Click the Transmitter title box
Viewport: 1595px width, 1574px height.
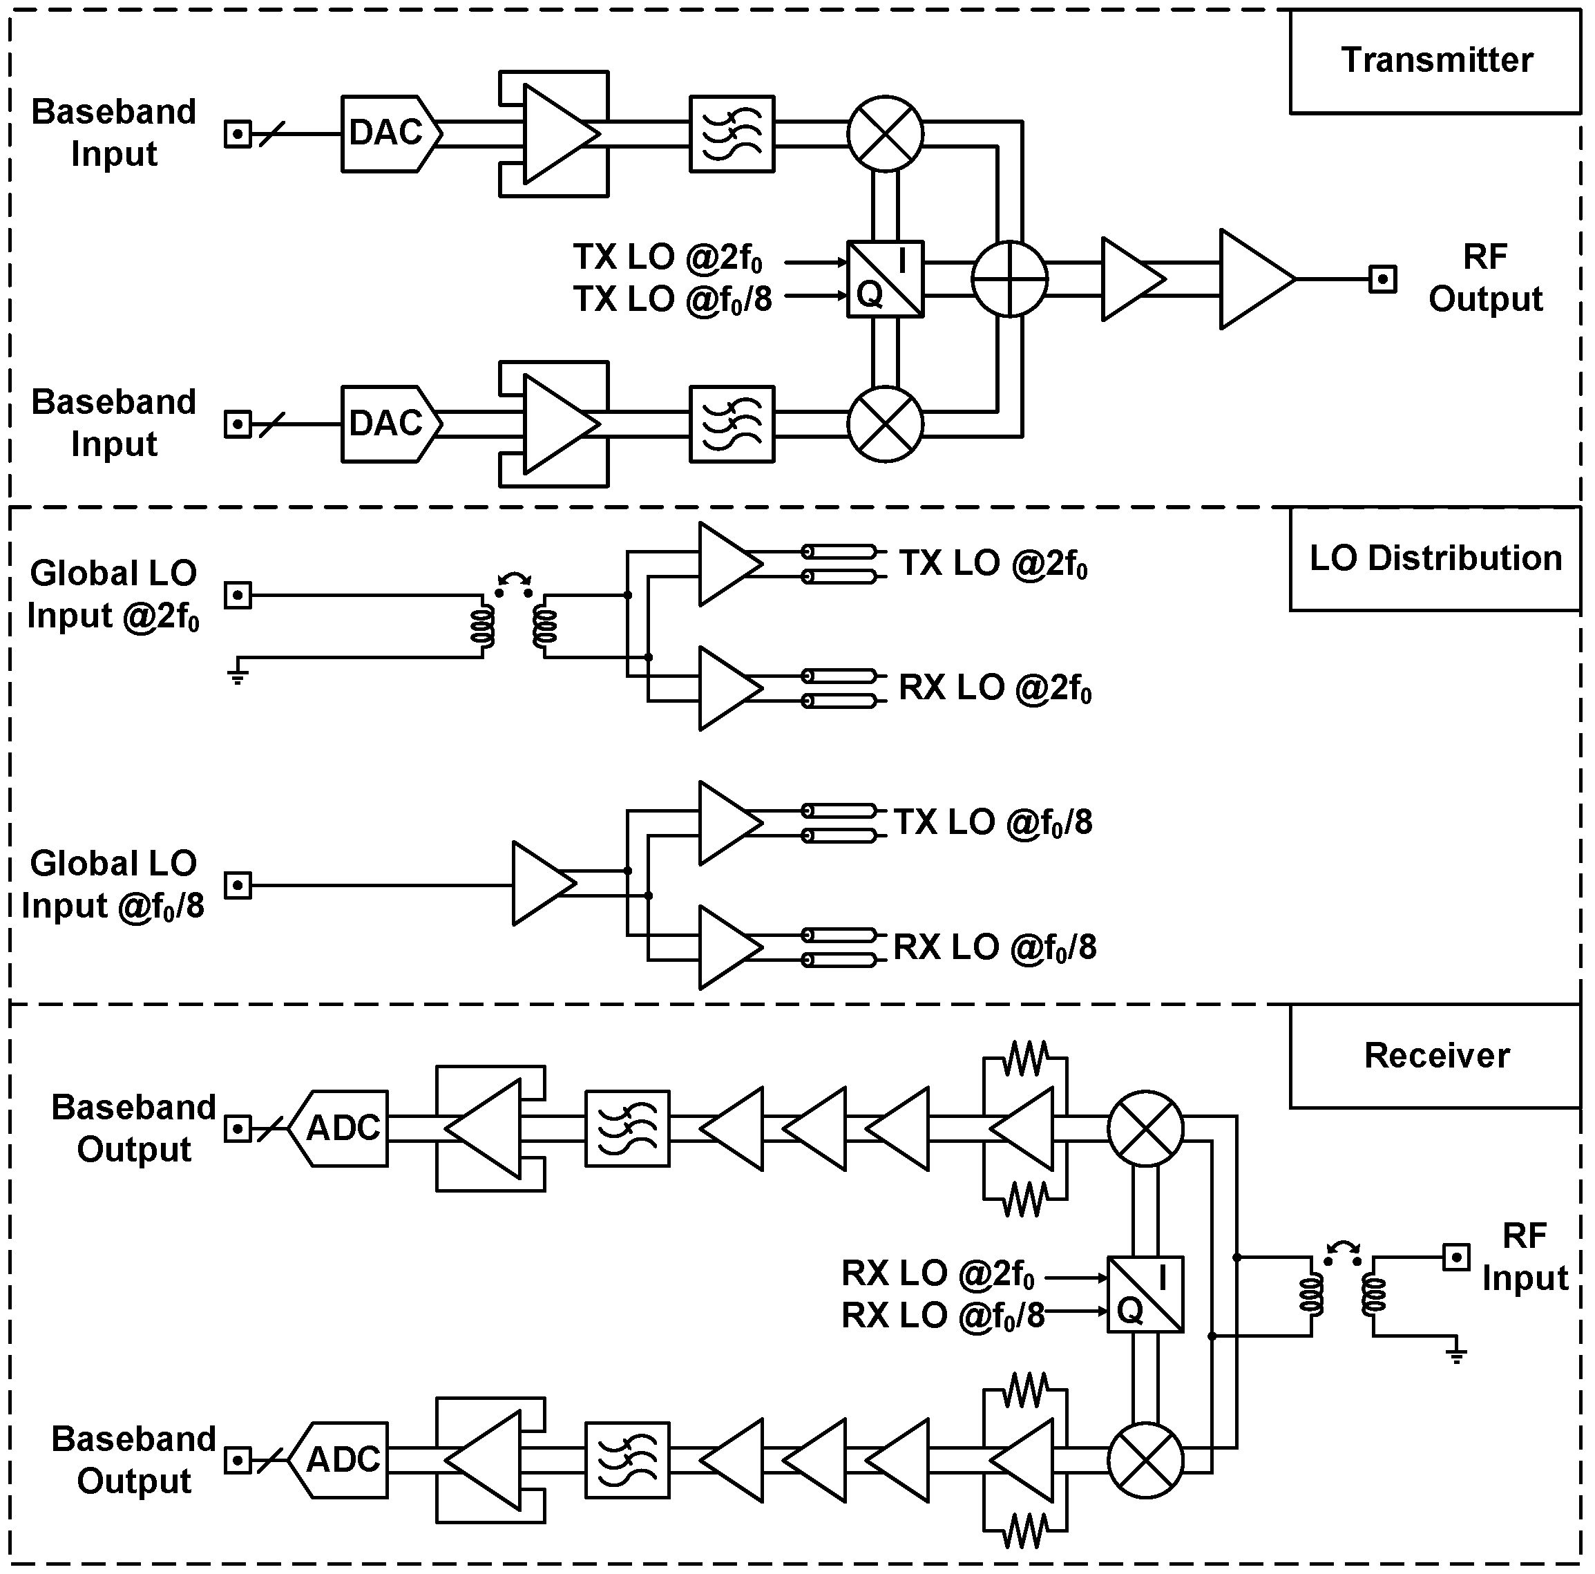point(1435,60)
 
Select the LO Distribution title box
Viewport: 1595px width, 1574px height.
point(1435,559)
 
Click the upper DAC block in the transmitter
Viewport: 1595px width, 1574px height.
point(388,134)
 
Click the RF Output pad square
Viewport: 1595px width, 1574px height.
point(1383,279)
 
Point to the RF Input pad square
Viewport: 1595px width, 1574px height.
point(1456,1257)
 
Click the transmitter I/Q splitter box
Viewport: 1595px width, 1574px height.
point(885,279)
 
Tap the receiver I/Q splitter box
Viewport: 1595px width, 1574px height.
point(1145,1294)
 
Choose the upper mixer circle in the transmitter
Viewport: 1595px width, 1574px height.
point(885,134)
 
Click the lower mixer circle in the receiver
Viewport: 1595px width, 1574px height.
point(1145,1460)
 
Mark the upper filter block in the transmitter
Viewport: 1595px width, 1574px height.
point(732,134)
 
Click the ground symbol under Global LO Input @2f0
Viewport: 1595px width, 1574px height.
point(238,676)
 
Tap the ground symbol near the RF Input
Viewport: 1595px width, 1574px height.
point(1456,1354)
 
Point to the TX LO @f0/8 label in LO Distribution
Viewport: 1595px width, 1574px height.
point(993,822)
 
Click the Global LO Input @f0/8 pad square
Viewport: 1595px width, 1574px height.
point(238,885)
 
